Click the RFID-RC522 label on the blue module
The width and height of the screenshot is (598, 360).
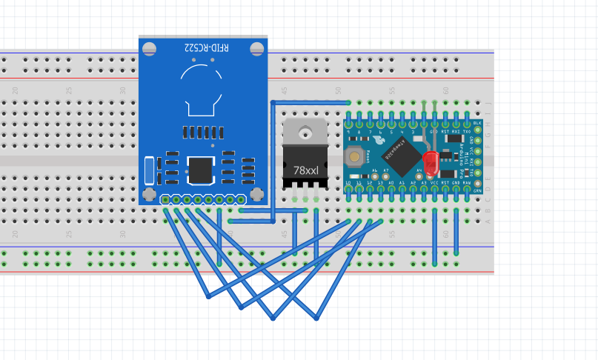[x=207, y=48]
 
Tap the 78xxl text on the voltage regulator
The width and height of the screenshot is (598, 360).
[x=305, y=170]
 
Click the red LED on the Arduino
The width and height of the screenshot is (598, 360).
[x=431, y=162]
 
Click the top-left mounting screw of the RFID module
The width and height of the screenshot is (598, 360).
[x=149, y=49]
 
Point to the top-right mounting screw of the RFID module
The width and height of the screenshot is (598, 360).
[x=257, y=49]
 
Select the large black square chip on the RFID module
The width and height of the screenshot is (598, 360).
[x=199, y=170]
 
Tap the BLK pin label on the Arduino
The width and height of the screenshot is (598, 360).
[x=476, y=122]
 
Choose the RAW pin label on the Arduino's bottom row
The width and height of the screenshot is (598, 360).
[x=467, y=182]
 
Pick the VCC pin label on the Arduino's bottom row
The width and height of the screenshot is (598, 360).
[x=434, y=182]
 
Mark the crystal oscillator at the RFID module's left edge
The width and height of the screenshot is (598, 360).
[x=150, y=170]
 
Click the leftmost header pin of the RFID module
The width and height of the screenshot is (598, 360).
[x=165, y=199]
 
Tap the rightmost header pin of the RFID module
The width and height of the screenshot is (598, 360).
[x=241, y=199]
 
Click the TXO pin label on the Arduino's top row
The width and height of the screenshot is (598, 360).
[x=467, y=131]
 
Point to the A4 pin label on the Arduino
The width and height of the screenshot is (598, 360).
[x=419, y=170]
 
